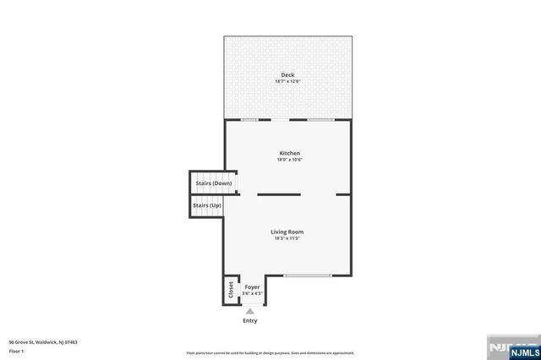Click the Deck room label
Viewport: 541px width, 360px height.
[x=287, y=76]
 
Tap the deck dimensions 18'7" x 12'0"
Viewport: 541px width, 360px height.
[x=287, y=82]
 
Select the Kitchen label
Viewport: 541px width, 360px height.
[x=290, y=153]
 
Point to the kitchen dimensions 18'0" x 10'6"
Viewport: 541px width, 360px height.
[x=290, y=159]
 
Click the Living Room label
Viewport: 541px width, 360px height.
[x=287, y=232]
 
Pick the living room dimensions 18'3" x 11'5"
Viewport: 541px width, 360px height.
[x=287, y=237]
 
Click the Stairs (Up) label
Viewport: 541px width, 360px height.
[x=207, y=205]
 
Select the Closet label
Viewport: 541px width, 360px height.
[x=230, y=289]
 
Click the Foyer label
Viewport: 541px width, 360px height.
[x=252, y=287]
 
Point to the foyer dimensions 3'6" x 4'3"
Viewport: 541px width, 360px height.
[x=252, y=293]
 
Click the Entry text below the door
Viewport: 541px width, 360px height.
[x=250, y=320]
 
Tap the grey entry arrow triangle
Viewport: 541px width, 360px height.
[x=250, y=311]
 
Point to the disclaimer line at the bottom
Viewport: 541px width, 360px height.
[x=270, y=352]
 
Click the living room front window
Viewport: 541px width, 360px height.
[x=308, y=275]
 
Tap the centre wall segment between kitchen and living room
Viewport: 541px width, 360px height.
[x=279, y=194]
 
